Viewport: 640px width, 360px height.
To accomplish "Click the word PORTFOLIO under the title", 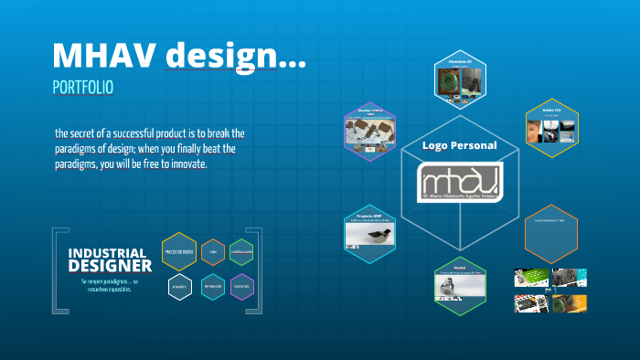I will click(83, 89).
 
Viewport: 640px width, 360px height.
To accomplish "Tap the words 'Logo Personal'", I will click(460, 145).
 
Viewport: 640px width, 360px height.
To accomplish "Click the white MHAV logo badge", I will click(460, 181).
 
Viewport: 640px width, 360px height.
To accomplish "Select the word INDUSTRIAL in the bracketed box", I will click(107, 252).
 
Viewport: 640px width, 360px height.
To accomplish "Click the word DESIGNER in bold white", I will click(110, 266).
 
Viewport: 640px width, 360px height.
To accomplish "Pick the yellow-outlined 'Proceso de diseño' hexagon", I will click(179, 251).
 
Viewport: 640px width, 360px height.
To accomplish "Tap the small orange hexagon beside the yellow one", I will click(212, 251).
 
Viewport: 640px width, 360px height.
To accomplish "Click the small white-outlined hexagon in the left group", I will click(179, 286).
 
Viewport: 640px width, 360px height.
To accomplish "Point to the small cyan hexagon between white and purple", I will click(212, 286).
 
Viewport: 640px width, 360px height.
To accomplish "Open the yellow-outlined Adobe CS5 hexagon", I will click(550, 128).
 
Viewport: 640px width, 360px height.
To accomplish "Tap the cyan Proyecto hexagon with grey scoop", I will click(369, 233).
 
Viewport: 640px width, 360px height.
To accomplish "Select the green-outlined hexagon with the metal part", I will click(460, 285).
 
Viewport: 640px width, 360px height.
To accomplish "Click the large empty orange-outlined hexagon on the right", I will click(550, 233).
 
